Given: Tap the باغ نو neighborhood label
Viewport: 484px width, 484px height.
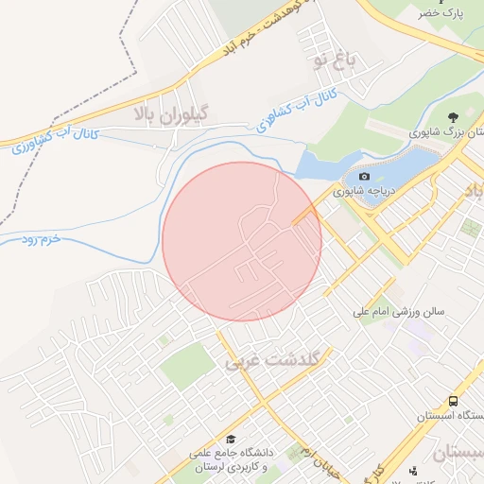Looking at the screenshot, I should (x=337, y=60).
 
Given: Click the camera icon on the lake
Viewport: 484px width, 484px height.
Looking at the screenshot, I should (x=364, y=177).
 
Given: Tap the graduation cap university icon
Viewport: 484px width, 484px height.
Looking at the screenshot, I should (x=232, y=439).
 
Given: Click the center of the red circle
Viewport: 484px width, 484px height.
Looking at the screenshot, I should (x=242, y=241).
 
